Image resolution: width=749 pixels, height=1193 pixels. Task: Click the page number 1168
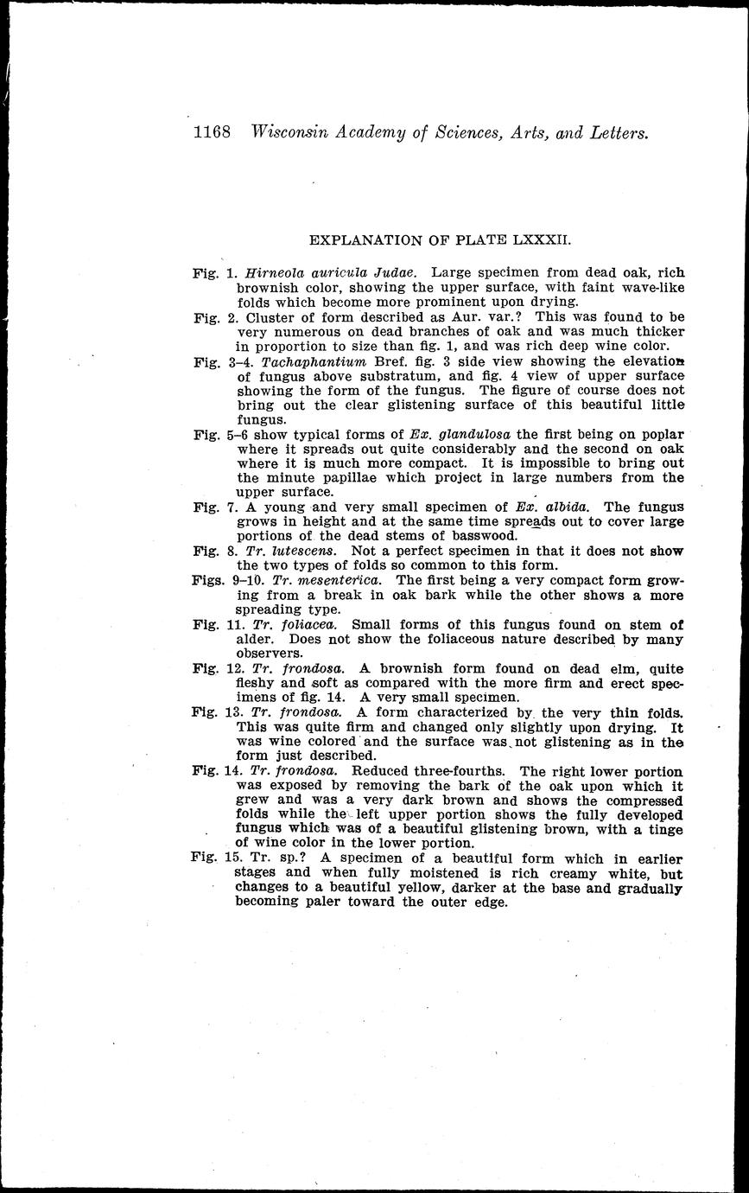pyautogui.click(x=213, y=132)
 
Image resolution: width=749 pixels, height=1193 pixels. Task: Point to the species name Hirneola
pyautogui.click(x=267, y=272)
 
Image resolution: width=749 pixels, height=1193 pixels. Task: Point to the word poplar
pyautogui.click(x=660, y=432)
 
